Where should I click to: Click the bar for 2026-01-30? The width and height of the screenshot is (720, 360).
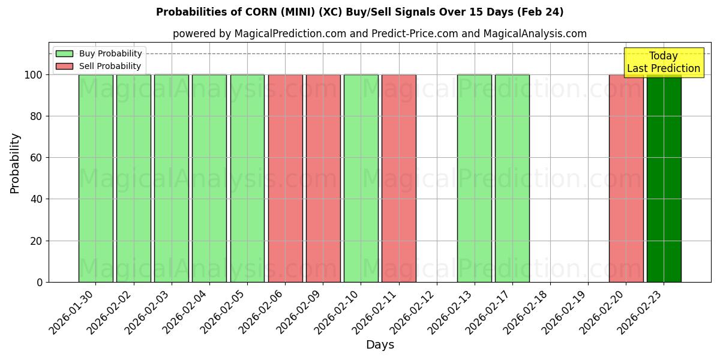coord(95,178)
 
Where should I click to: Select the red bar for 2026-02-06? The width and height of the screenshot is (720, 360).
coord(285,178)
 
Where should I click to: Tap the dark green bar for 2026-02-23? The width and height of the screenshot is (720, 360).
coord(664,178)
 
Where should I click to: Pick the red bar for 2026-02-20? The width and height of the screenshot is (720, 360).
coord(626,178)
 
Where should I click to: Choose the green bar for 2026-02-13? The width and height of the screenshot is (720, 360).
coord(474,178)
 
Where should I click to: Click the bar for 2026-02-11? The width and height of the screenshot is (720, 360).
coord(398,178)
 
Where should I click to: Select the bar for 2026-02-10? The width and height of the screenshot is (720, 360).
coord(361,178)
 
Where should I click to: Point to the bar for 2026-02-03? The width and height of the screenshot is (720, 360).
coord(171,178)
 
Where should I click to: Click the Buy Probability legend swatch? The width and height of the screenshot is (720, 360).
coord(64,53)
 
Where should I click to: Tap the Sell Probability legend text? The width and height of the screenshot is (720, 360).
coord(110,66)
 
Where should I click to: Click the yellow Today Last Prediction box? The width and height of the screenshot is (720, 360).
coord(663,62)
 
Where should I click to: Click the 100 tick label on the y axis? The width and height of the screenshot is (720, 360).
coord(34,75)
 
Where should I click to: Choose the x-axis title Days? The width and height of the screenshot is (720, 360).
coord(380,345)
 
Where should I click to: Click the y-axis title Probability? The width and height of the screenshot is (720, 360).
coord(15,163)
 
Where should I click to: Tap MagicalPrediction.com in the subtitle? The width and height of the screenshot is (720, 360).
coord(290,34)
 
